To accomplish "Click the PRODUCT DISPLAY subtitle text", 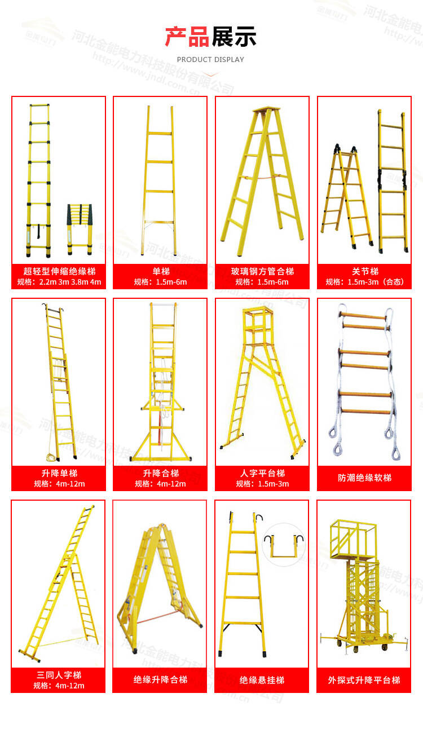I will [210, 60].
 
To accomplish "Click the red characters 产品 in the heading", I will [187, 37].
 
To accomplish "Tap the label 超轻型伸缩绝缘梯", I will [59, 271].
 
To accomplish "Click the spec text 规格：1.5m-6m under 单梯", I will [160, 282].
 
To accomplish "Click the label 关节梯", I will [364, 271].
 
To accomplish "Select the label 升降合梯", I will [160, 473].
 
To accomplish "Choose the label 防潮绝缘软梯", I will [364, 478].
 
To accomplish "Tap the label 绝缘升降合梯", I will [160, 680].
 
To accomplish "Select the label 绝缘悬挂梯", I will [262, 680].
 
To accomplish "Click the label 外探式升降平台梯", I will [364, 680].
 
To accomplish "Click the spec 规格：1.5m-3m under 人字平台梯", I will [262, 484].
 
